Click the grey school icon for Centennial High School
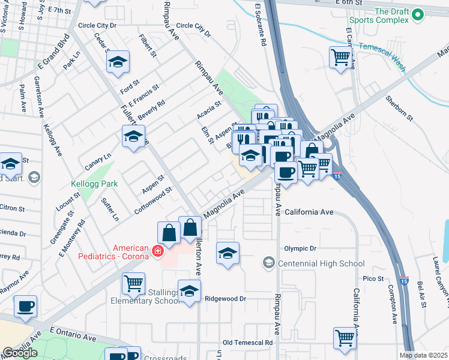269,263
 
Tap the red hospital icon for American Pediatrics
157,251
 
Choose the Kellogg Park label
94,184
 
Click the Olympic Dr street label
300,248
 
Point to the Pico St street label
373,278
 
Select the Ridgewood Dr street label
226,298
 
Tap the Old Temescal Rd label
247,343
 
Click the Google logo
20,353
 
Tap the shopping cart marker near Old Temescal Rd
345,337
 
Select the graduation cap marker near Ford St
118,61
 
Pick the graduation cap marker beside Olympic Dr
228,253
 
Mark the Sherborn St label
400,107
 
